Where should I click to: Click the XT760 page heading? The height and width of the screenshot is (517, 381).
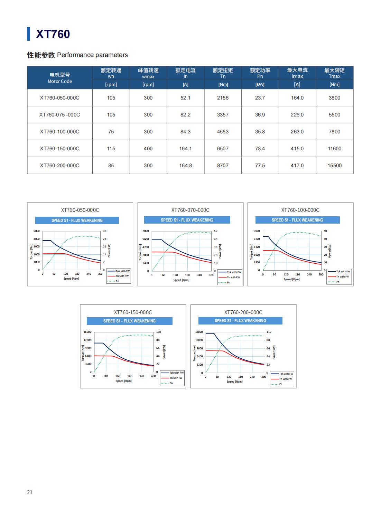tap(53, 34)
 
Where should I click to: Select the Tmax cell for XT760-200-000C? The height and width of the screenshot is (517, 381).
tap(334, 166)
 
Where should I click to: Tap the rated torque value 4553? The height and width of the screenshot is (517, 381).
tap(223, 132)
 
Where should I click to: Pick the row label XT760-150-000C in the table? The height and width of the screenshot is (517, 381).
tap(59, 149)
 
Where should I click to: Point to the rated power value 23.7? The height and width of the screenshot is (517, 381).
tap(260, 98)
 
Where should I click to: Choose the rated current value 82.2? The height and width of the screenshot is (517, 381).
tap(185, 115)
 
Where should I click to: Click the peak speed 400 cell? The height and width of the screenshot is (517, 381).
tap(148, 149)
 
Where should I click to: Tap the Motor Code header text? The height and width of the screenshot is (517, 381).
tap(60, 82)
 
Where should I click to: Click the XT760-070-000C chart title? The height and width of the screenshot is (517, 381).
tap(190, 210)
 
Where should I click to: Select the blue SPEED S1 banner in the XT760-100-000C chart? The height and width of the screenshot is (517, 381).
tap(297, 220)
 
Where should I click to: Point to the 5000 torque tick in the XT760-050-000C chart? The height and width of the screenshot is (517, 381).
tap(37, 231)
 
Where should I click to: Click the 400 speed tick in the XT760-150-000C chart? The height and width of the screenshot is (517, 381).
tap(153, 376)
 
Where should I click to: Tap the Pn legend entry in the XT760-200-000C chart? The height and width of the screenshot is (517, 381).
tap(281, 384)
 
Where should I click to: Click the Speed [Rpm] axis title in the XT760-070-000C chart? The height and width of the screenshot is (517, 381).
tap(181, 280)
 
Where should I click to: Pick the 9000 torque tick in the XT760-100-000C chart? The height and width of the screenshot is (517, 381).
tap(257, 231)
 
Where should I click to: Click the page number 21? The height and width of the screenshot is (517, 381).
tap(30, 492)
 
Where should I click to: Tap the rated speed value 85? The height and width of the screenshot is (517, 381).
tap(111, 166)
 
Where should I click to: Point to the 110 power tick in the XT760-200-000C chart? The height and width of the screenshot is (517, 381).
tap(269, 332)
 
